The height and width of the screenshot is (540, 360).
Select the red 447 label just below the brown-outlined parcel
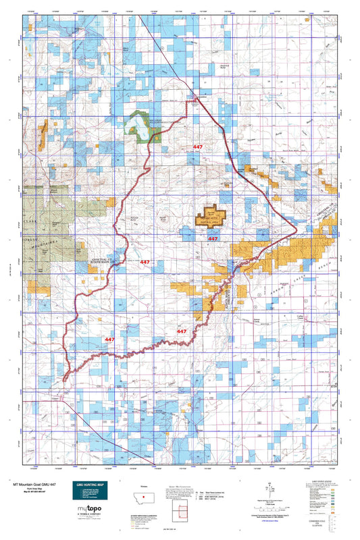213,239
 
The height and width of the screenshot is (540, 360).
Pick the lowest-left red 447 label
109,340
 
